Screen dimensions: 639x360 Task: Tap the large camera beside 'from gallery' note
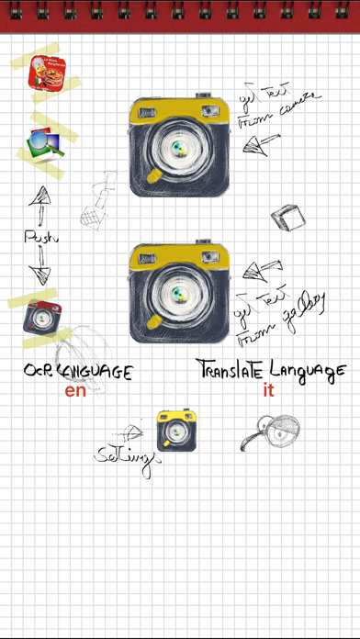tap(179, 293)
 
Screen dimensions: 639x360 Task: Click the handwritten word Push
tap(40, 237)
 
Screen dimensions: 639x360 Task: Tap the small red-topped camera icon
tap(41, 319)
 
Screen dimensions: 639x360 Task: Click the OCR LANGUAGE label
tap(78, 372)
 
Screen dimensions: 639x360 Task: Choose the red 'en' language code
tap(75, 390)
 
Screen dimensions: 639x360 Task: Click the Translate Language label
tap(271, 370)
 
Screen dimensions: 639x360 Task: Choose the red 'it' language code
tap(269, 390)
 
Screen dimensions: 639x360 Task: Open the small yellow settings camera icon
tap(176, 431)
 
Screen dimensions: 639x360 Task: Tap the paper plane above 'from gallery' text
tap(260, 272)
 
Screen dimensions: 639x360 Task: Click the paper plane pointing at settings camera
tap(131, 432)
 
